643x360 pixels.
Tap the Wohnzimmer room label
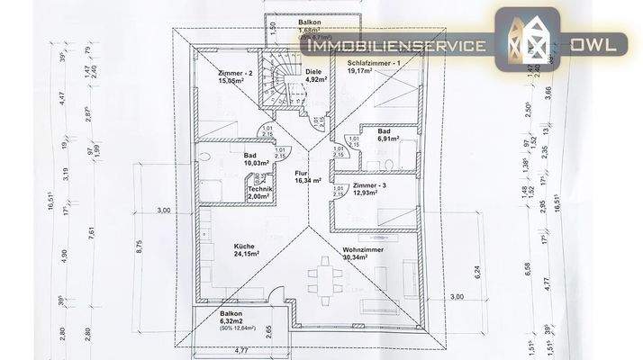[x=364, y=250]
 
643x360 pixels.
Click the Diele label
[x=313, y=71]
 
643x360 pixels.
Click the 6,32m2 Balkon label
[x=232, y=315]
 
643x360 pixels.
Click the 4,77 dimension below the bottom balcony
[x=242, y=350]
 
